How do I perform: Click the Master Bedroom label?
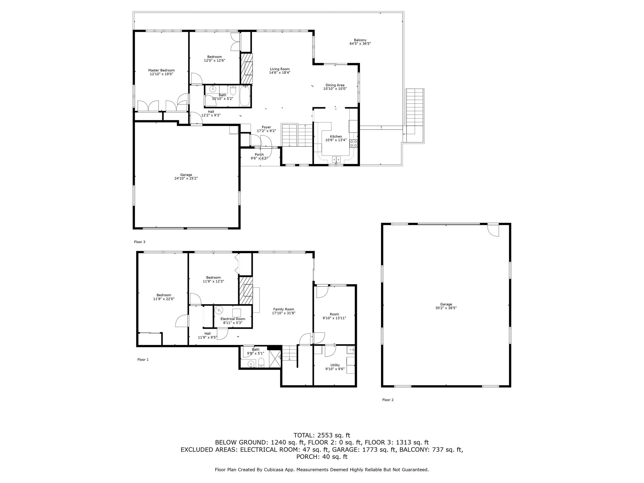(161, 72)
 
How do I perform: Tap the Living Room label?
(279, 71)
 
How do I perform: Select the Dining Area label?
(335, 87)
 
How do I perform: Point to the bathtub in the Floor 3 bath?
(245, 96)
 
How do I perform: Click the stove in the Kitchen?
(353, 143)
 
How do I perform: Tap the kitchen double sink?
(336, 159)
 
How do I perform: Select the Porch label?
(259, 156)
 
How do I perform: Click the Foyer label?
(266, 129)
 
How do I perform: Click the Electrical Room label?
(233, 320)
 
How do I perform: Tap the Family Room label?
(284, 311)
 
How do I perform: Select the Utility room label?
(335, 367)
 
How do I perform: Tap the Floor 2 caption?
(388, 400)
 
